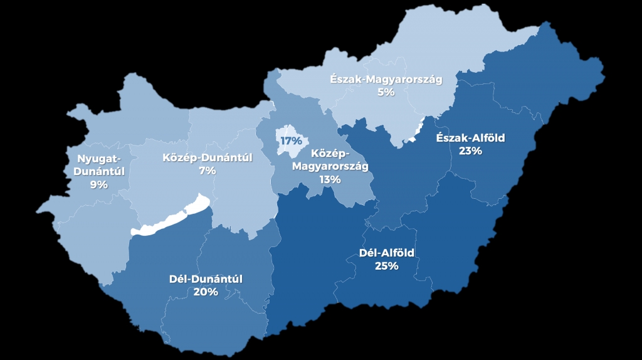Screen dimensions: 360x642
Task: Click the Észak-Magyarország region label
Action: [386, 80]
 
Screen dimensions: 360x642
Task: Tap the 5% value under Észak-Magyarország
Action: [386, 92]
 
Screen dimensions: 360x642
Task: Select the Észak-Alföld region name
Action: [470, 138]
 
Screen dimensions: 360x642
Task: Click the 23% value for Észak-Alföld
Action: [470, 151]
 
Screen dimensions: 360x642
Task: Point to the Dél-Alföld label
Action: [387, 253]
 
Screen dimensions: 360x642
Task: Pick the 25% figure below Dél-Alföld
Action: [387, 266]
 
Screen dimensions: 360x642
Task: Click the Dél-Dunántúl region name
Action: [206, 279]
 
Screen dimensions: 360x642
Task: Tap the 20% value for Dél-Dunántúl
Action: [206, 292]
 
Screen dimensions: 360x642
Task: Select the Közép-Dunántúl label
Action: [207, 157]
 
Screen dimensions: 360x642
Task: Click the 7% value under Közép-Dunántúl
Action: [207, 171]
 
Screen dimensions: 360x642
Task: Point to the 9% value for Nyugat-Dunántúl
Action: [99, 184]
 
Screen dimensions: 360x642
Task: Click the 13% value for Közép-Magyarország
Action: [330, 179]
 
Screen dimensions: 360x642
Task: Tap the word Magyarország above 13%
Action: [330, 166]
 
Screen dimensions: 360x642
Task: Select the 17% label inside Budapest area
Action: [291, 140]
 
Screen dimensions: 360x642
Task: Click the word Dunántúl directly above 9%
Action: [99, 171]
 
